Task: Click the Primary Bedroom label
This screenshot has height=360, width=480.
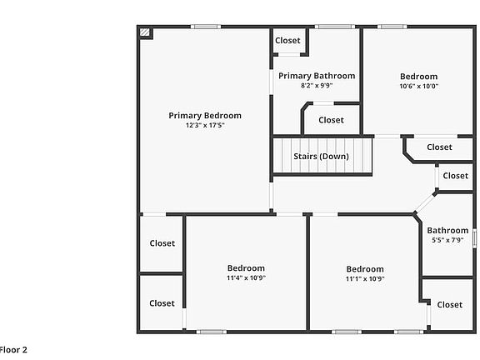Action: pyautogui.click(x=205, y=116)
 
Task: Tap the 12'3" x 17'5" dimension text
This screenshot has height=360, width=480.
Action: pyautogui.click(x=205, y=125)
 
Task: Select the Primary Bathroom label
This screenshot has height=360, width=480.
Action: pyautogui.click(x=317, y=76)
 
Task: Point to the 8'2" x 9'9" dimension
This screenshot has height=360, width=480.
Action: pyautogui.click(x=317, y=85)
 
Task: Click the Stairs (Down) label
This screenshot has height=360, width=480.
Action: pyautogui.click(x=321, y=157)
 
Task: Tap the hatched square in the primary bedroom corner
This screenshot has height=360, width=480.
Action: pyautogui.click(x=145, y=32)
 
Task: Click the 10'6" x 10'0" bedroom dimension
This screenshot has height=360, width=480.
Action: pyautogui.click(x=419, y=86)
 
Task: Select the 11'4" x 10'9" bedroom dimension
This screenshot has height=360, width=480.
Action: pyautogui.click(x=246, y=278)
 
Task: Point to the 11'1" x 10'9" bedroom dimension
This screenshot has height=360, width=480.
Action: pyautogui.click(x=365, y=279)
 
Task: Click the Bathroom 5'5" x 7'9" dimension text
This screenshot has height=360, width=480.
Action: pyautogui.click(x=447, y=240)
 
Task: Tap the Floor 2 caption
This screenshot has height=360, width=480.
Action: pyautogui.click(x=13, y=350)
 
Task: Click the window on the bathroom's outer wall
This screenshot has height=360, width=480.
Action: pyautogui.click(x=474, y=238)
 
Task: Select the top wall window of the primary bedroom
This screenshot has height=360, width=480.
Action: pyautogui.click(x=206, y=27)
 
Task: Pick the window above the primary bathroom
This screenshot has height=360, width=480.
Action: pyautogui.click(x=335, y=27)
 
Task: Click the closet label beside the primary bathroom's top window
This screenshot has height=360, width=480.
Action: pyautogui.click(x=287, y=40)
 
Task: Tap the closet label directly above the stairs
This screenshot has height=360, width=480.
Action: pyautogui.click(x=331, y=120)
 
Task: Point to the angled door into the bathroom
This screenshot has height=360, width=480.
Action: pyautogui.click(x=425, y=203)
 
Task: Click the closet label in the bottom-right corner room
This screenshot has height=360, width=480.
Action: pyautogui.click(x=449, y=305)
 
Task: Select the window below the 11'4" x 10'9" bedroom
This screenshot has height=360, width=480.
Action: pyautogui.click(x=212, y=332)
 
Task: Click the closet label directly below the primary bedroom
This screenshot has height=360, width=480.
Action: pyautogui.click(x=162, y=243)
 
